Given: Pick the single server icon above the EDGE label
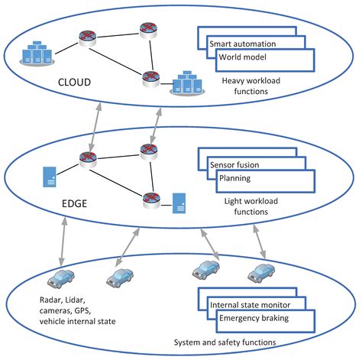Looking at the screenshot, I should click(x=47, y=177).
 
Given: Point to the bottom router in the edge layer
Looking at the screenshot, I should click(x=150, y=199).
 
